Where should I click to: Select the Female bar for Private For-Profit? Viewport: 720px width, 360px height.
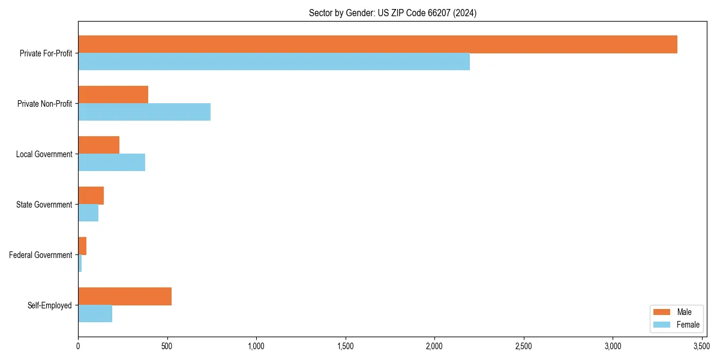(x=274, y=62)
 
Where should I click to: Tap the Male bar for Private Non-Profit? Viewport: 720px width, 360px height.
(x=113, y=95)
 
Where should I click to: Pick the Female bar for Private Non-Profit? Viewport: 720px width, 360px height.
(x=144, y=112)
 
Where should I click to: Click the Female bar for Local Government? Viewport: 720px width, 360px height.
(x=112, y=163)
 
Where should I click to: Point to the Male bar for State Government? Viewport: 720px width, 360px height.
(x=91, y=196)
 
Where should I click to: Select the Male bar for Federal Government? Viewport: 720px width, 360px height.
(x=82, y=246)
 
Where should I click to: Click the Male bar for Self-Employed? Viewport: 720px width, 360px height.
(x=125, y=296)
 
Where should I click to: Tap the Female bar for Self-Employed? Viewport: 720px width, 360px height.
(x=95, y=314)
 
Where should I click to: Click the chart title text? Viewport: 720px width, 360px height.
(x=392, y=13)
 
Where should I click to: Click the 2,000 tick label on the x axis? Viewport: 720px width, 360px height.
(x=434, y=346)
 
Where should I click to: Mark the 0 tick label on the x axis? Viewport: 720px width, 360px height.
(x=78, y=346)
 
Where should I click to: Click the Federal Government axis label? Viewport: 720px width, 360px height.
(x=41, y=255)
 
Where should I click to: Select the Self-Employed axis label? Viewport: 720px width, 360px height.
(x=50, y=305)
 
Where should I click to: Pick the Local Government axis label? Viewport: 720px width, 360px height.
(x=44, y=154)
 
